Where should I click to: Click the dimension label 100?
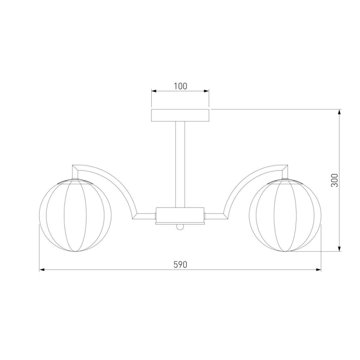(180, 86)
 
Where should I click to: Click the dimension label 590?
(180, 265)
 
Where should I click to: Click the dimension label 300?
(334, 180)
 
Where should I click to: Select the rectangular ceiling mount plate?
(180, 115)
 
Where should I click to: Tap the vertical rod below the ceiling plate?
(180, 164)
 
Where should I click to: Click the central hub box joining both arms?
(180, 216)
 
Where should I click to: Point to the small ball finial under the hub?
(180, 227)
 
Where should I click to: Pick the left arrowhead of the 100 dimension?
(154, 91)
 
